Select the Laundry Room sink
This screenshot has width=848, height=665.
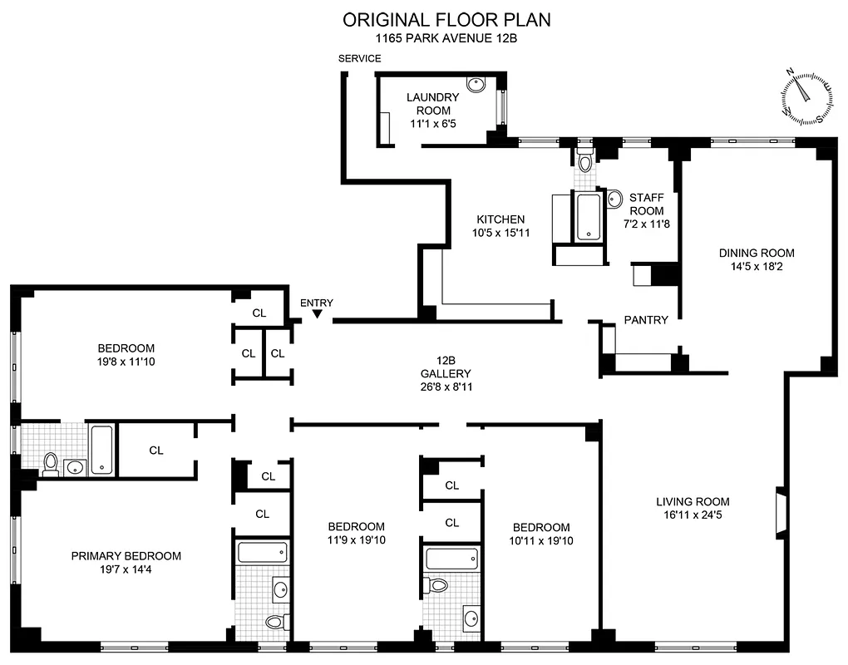(476, 84)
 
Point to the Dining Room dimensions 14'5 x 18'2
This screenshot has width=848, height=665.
(757, 268)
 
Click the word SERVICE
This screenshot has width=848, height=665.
(359, 58)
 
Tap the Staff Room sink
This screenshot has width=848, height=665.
(614, 198)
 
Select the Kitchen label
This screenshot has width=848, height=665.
(500, 219)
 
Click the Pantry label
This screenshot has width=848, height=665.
(646, 320)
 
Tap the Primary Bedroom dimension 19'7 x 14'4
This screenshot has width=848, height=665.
(126, 570)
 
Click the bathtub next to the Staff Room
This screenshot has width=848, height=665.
(588, 217)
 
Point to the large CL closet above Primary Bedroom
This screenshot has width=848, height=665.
(156, 450)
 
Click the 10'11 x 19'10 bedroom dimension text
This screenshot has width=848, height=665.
(540, 541)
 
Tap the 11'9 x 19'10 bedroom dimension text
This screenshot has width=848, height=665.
(356, 540)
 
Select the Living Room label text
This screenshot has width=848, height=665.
(693, 501)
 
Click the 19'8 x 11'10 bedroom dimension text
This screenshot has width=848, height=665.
(126, 362)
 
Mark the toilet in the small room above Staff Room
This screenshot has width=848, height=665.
(584, 162)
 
